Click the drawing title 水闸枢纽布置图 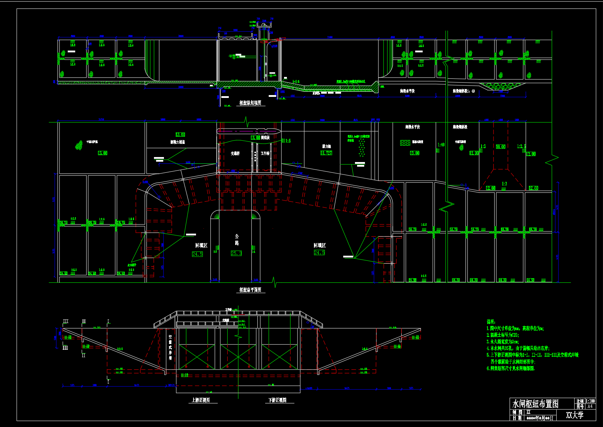pos(535,403)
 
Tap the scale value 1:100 pos(590,401)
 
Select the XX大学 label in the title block pos(574,415)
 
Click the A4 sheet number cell pos(590,406)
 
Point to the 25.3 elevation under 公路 pos(236,253)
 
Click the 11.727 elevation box pos(326,153)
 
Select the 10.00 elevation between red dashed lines pos(500,146)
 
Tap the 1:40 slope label pos(441,145)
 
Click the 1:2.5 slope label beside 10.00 pos(521,146)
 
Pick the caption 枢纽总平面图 pos(250,290)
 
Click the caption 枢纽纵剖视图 pos(250,103)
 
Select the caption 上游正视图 pos(201,400)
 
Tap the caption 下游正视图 pos(277,400)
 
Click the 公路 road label pos(237,240)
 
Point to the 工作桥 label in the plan pos(265,153)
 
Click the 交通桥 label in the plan pos(235,153)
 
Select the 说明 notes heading pos(491,322)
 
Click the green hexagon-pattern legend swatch pos(405,142)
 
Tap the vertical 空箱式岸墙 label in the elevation pos(170,347)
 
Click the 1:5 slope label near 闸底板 pos(288,141)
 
